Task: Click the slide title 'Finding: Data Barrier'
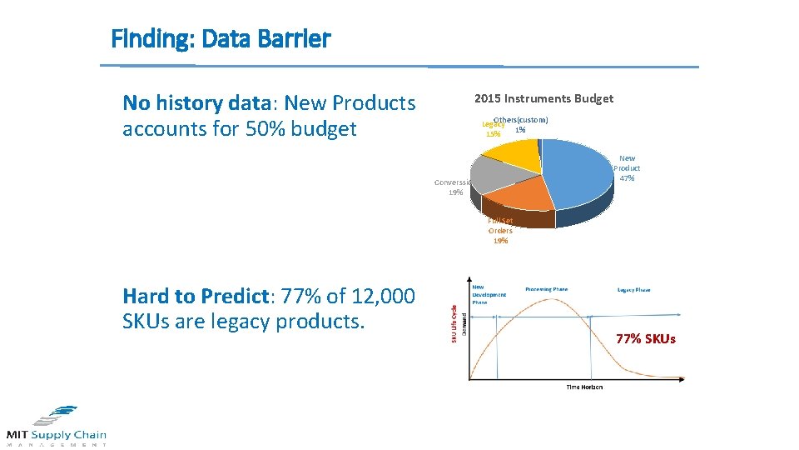[x=221, y=39]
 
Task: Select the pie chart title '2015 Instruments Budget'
[x=543, y=98]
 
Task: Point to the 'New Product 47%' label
[x=627, y=167]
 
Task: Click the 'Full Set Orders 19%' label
[x=500, y=231]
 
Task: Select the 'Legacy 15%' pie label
[x=493, y=129]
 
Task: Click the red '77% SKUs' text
[x=646, y=338]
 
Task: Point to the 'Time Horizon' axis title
[x=584, y=387]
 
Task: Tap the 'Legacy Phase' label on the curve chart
[x=633, y=290]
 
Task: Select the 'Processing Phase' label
[x=546, y=289]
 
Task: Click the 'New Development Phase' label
[x=489, y=295]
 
